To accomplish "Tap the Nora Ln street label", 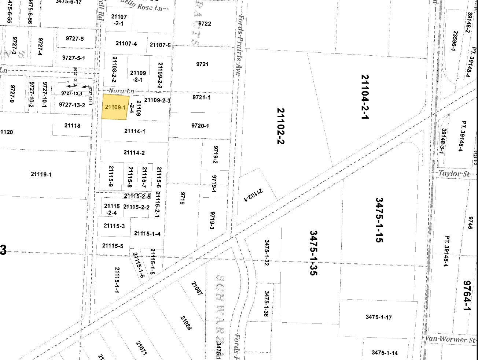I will (121, 90).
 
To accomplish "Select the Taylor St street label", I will (454, 174).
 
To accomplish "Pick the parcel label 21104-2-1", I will (364, 97).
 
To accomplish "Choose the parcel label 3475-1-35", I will (313, 252).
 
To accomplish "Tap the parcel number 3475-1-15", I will (379, 220).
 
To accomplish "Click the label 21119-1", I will (41, 174).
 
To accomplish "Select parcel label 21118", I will (72, 126).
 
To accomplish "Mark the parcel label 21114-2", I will (134, 153).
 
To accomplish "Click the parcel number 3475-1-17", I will (378, 317).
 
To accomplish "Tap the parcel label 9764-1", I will (466, 296).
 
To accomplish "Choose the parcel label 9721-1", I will (201, 97).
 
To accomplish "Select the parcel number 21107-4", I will (126, 44).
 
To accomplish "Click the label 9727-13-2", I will (72, 105).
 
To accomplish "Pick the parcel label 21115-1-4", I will (147, 233).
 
